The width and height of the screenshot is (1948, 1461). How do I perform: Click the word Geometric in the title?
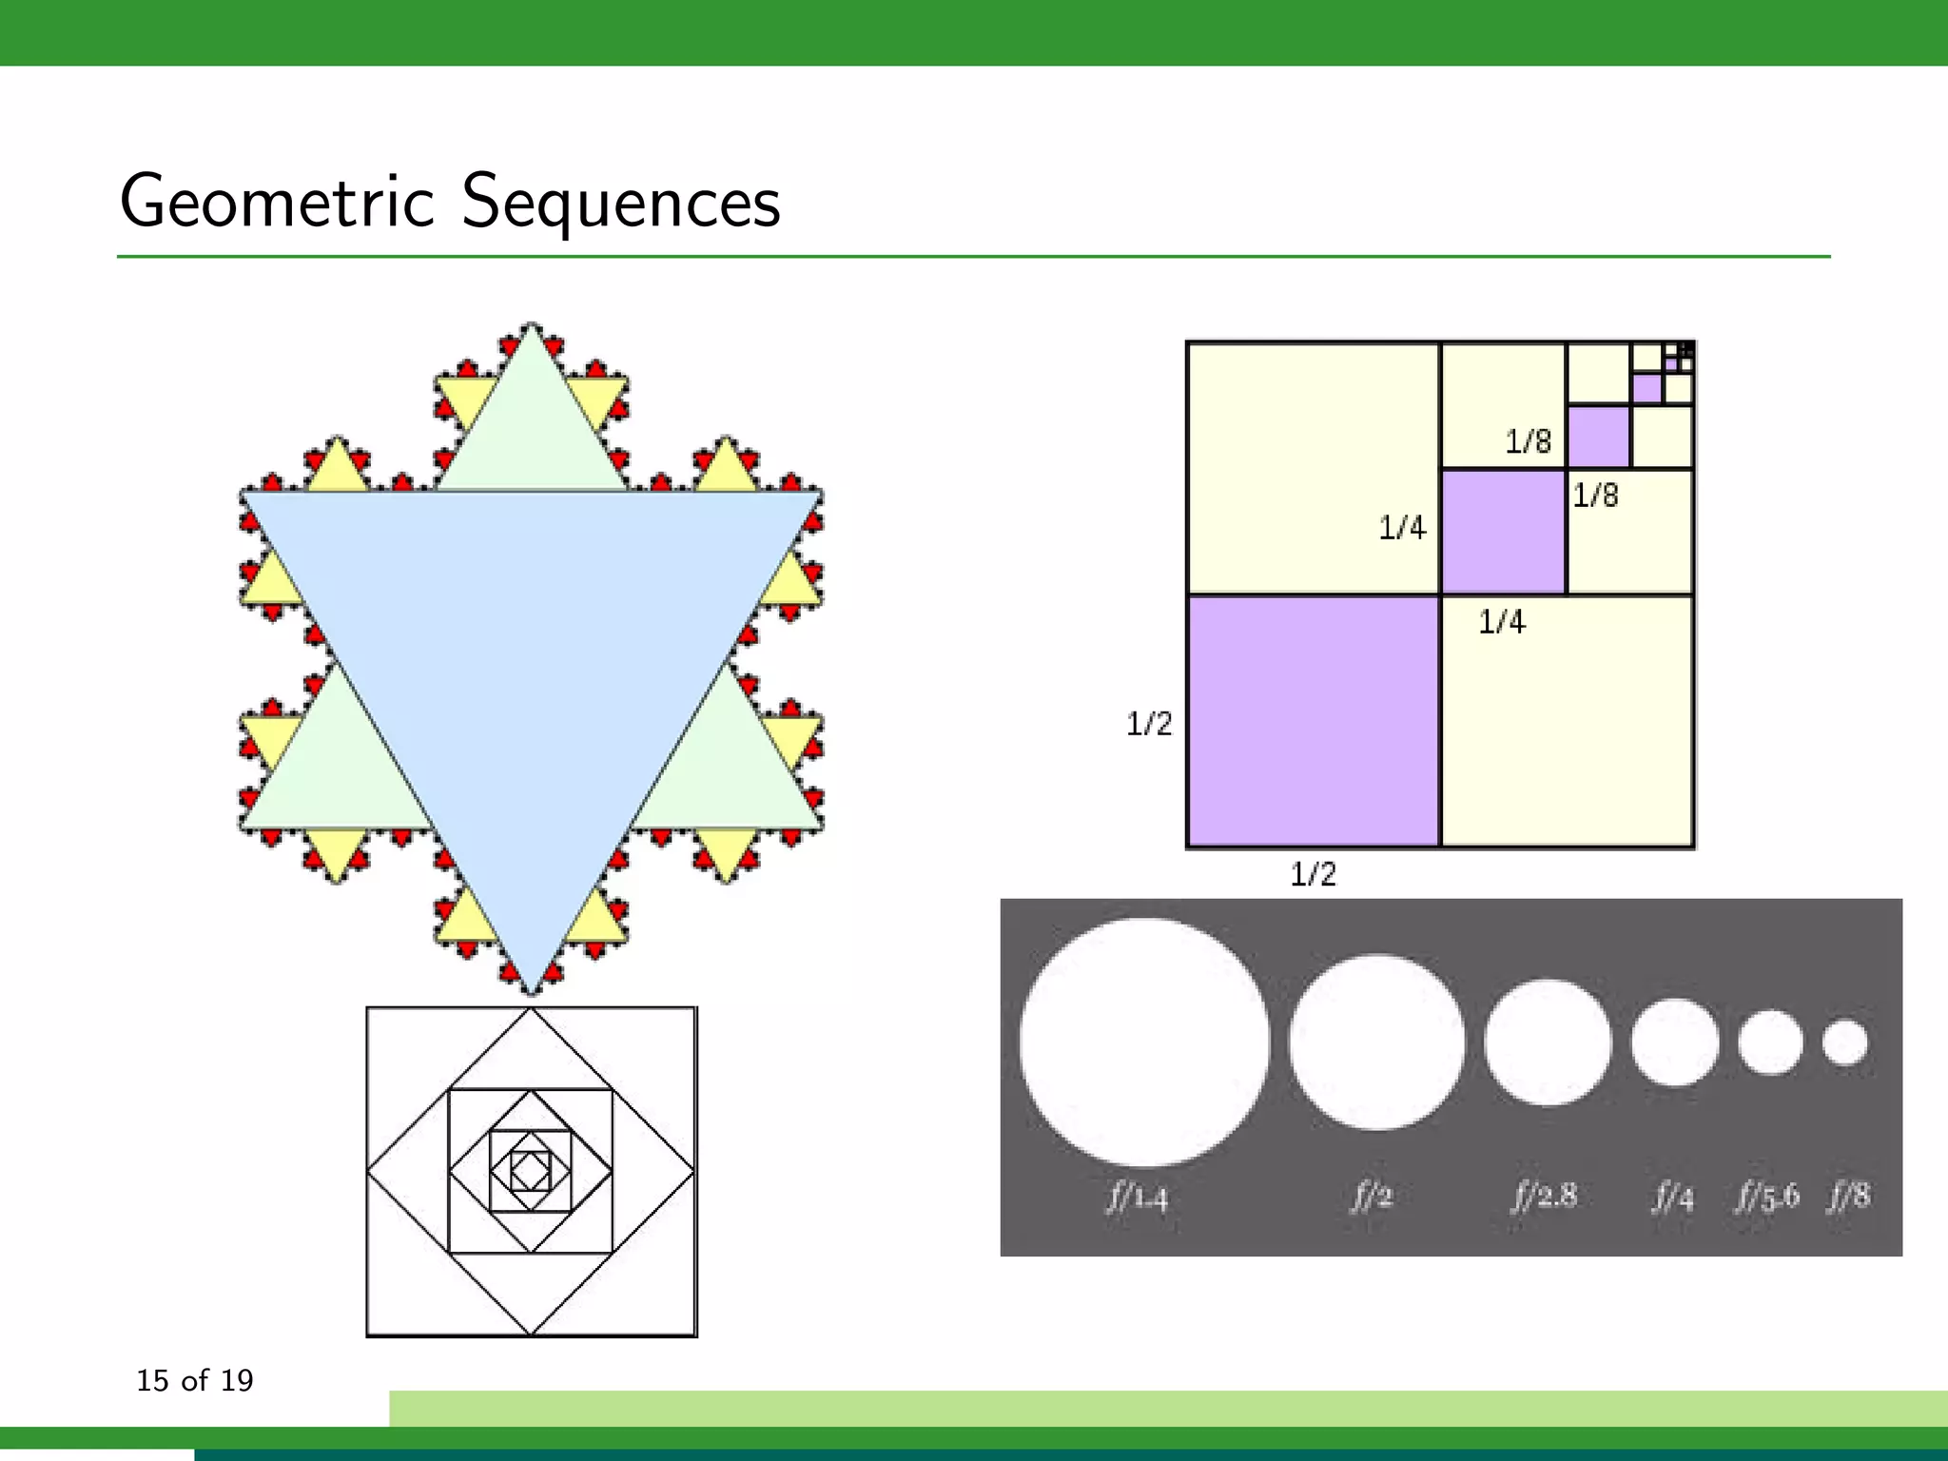point(277,202)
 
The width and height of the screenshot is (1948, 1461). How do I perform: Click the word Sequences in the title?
point(621,202)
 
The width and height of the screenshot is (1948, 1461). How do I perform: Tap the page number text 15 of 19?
point(195,1380)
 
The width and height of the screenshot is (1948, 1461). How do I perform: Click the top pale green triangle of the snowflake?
point(532,428)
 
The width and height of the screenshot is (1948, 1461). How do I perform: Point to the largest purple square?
point(1314,720)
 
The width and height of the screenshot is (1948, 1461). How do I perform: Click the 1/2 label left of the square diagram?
point(1149,724)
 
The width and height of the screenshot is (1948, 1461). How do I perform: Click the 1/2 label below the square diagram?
point(1313,873)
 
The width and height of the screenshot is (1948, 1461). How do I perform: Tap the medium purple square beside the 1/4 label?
point(1503,532)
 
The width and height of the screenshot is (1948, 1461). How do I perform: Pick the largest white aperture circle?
point(1144,1042)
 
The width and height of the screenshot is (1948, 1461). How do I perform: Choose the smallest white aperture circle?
point(1845,1042)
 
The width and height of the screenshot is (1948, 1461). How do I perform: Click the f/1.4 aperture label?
point(1137,1197)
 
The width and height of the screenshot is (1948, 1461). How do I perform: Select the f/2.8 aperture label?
point(1545,1195)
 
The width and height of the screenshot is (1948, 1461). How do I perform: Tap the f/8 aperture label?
point(1848,1195)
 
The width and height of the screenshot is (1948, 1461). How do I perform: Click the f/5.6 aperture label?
point(1767,1196)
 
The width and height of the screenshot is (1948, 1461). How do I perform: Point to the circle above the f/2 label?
point(1376,1042)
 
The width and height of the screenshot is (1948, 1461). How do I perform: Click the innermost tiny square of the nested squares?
point(531,1171)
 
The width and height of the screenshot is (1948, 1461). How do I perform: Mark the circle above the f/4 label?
point(1675,1042)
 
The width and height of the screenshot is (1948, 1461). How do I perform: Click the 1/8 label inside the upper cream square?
point(1528,441)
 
